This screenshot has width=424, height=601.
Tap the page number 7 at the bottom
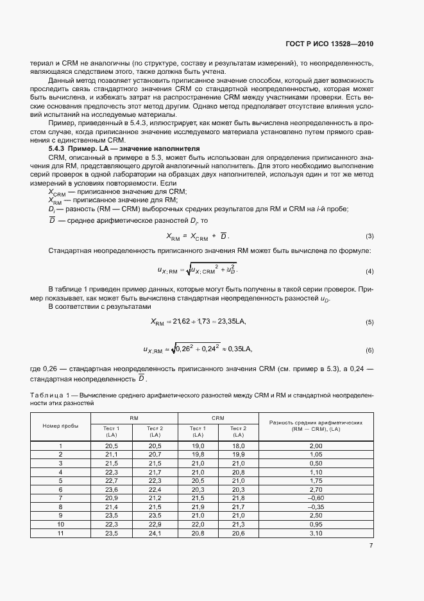[371, 546]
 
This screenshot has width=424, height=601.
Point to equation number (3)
[369, 236]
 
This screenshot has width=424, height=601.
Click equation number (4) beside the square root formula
[369, 270]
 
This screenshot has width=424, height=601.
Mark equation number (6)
[369, 350]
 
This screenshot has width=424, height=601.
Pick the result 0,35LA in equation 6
[238, 349]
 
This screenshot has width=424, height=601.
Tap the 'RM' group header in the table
[134, 419]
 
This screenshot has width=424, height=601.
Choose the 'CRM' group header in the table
[218, 419]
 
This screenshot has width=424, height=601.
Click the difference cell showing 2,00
[316, 446]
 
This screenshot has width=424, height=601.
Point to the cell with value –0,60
[316, 498]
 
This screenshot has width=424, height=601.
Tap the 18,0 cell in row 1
[239, 446]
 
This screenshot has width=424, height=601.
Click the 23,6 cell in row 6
[112, 489]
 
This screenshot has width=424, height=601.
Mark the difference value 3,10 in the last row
[316, 532]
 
